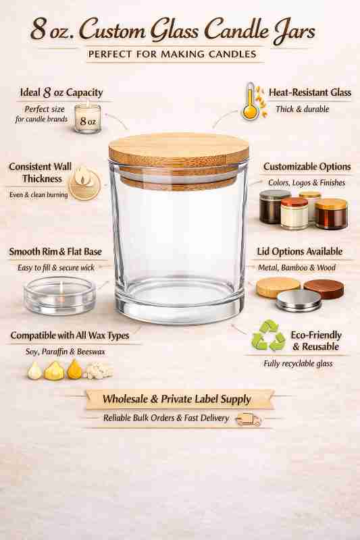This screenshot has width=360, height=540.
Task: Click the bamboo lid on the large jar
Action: (178, 150)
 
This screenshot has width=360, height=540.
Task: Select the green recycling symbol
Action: (268, 335)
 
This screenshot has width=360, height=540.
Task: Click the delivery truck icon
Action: (248, 420)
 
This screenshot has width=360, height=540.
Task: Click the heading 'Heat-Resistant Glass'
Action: (310, 92)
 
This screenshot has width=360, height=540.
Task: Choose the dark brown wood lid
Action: (323, 288)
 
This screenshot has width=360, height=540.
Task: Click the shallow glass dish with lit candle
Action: (59, 294)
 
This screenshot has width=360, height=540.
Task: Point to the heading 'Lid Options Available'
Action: (305, 252)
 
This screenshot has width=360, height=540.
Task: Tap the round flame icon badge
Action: (85, 182)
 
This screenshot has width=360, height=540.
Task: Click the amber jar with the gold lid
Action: (331, 214)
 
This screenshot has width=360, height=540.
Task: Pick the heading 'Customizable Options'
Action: (307, 167)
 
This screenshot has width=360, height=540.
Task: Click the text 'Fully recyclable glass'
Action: (298, 364)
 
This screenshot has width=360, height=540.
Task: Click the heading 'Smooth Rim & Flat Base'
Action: (55, 252)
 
